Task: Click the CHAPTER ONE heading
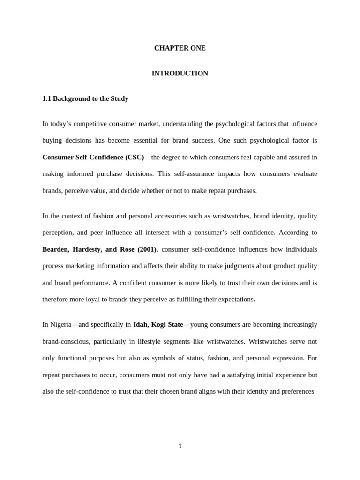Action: pos(180,48)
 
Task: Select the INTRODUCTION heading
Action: pos(180,74)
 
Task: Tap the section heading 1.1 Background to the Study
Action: pos(85,99)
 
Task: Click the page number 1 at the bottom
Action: pos(180,446)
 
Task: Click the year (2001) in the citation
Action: pos(146,249)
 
